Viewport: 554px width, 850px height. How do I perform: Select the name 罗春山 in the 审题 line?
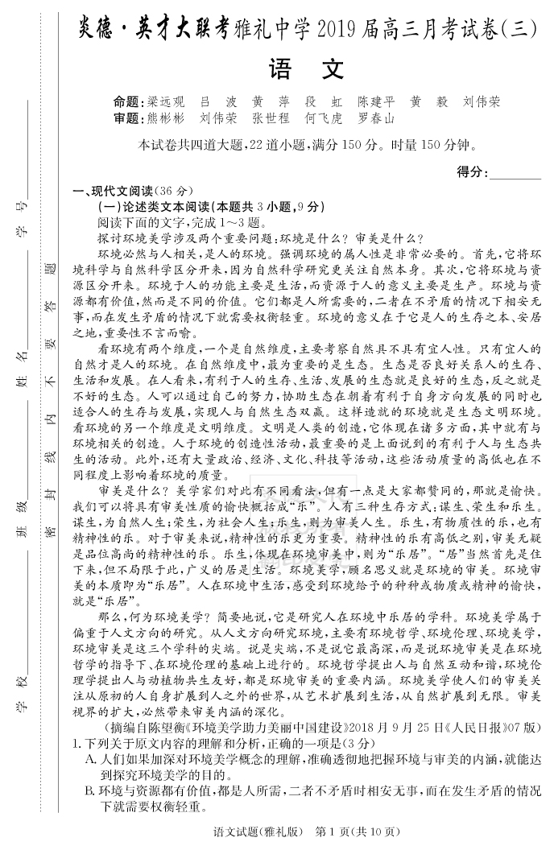pyautogui.click(x=376, y=118)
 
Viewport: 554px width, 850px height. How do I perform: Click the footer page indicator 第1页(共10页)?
pyautogui.click(x=358, y=831)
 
